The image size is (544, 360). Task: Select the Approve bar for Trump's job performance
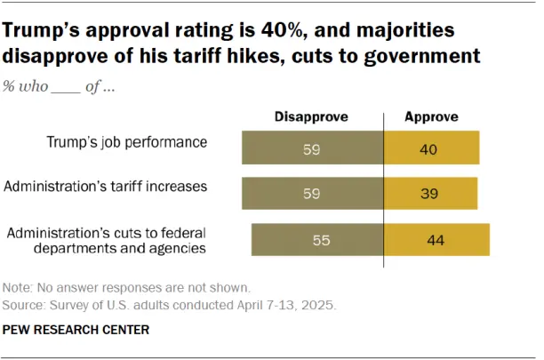(x=432, y=148)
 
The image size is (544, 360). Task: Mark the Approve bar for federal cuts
(x=436, y=240)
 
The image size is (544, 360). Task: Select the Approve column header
(x=431, y=116)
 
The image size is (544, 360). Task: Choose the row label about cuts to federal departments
(x=107, y=241)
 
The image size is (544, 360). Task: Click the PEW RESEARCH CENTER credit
(x=76, y=330)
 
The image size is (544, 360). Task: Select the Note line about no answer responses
(x=127, y=287)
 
